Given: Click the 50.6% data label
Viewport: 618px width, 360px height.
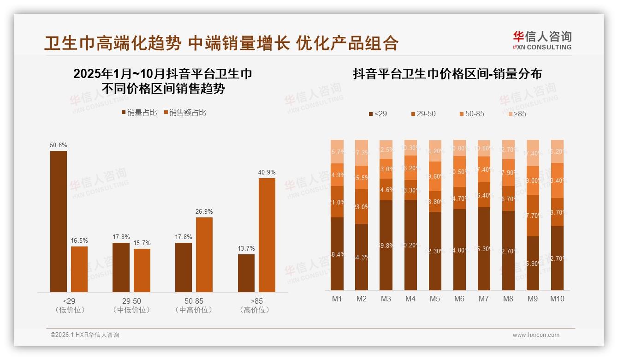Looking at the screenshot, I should [x=59, y=145].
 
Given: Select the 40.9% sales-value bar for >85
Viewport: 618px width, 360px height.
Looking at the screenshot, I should [x=267, y=235].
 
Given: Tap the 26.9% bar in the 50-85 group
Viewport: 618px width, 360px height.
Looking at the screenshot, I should [x=204, y=254].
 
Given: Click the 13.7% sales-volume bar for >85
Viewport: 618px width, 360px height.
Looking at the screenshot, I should [x=246, y=273].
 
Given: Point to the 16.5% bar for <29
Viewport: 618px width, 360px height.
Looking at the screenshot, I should [x=79, y=269].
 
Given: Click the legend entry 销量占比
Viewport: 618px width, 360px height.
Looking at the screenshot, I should [x=139, y=113].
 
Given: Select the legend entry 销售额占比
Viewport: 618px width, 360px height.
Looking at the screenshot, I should [x=185, y=113].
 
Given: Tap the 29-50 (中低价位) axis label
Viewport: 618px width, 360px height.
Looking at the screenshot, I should [x=131, y=305].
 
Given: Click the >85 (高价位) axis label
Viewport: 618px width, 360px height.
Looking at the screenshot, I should [x=255, y=305].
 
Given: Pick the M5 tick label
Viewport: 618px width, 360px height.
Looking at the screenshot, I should [x=434, y=299].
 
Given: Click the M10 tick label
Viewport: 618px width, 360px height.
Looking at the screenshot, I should [x=557, y=299].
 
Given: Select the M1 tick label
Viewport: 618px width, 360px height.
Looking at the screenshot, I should [x=337, y=299].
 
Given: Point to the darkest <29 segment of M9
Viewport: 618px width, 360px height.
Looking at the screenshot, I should [x=533, y=263].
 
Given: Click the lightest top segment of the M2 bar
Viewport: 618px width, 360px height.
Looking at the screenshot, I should [x=362, y=152].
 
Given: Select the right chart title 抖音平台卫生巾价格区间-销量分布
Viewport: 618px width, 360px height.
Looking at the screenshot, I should [x=447, y=74].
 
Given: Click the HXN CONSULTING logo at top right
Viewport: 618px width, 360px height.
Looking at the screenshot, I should [x=542, y=41].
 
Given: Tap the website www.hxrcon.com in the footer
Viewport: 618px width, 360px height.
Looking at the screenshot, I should [x=536, y=335].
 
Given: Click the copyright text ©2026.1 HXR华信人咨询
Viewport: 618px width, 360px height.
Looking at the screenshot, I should [x=85, y=335].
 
